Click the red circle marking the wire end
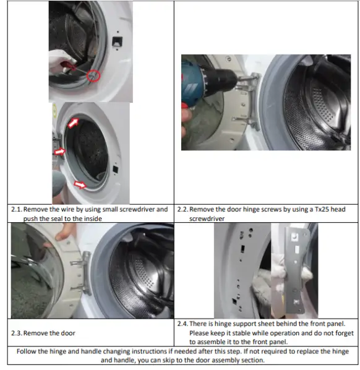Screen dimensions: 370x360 93,76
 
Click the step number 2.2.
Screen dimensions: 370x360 183,209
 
